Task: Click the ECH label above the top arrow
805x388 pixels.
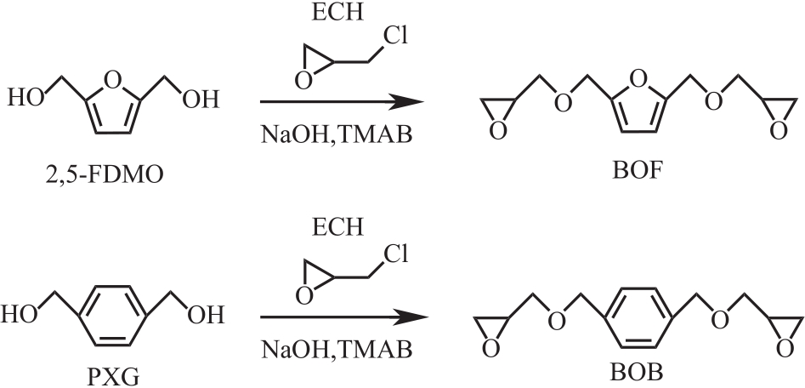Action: (341, 15)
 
